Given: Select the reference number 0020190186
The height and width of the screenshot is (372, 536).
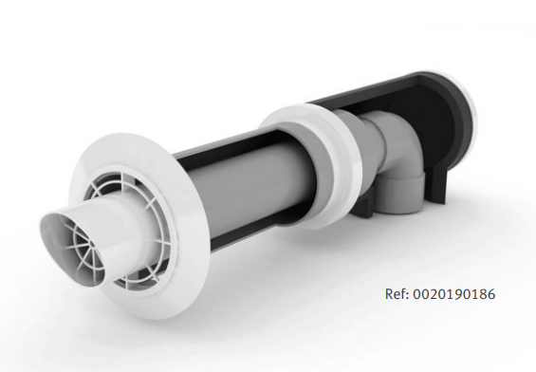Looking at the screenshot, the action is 454,294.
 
